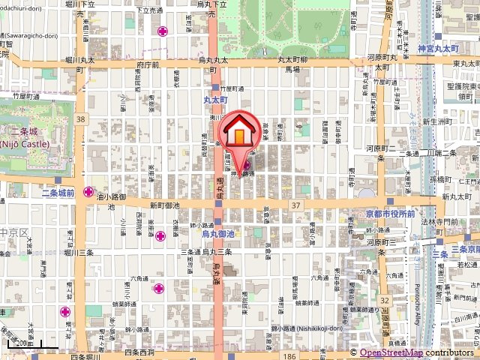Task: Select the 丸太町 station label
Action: pyautogui.click(x=215, y=98)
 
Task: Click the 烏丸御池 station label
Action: pyautogui.click(x=218, y=234)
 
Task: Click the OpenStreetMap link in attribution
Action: pyautogui.click(x=391, y=352)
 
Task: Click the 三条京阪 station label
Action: pyautogui.click(x=465, y=248)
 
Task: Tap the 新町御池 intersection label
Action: pyautogui.click(x=164, y=205)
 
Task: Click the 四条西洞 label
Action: pyautogui.click(x=139, y=351)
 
